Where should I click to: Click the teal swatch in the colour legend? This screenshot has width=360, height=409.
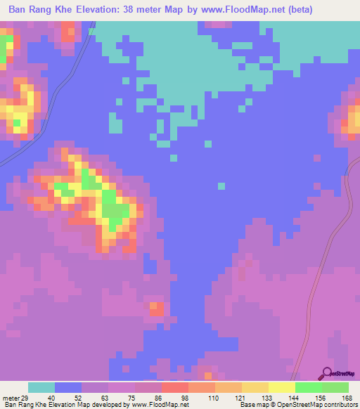point(41,387)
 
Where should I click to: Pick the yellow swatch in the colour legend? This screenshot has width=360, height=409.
point(281,387)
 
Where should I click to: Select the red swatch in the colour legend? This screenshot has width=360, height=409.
point(174,387)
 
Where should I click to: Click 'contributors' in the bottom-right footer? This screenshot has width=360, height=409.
point(341,405)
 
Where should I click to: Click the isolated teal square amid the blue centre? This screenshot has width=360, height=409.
point(221,186)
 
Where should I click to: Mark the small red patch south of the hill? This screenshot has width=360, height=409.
point(157,307)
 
